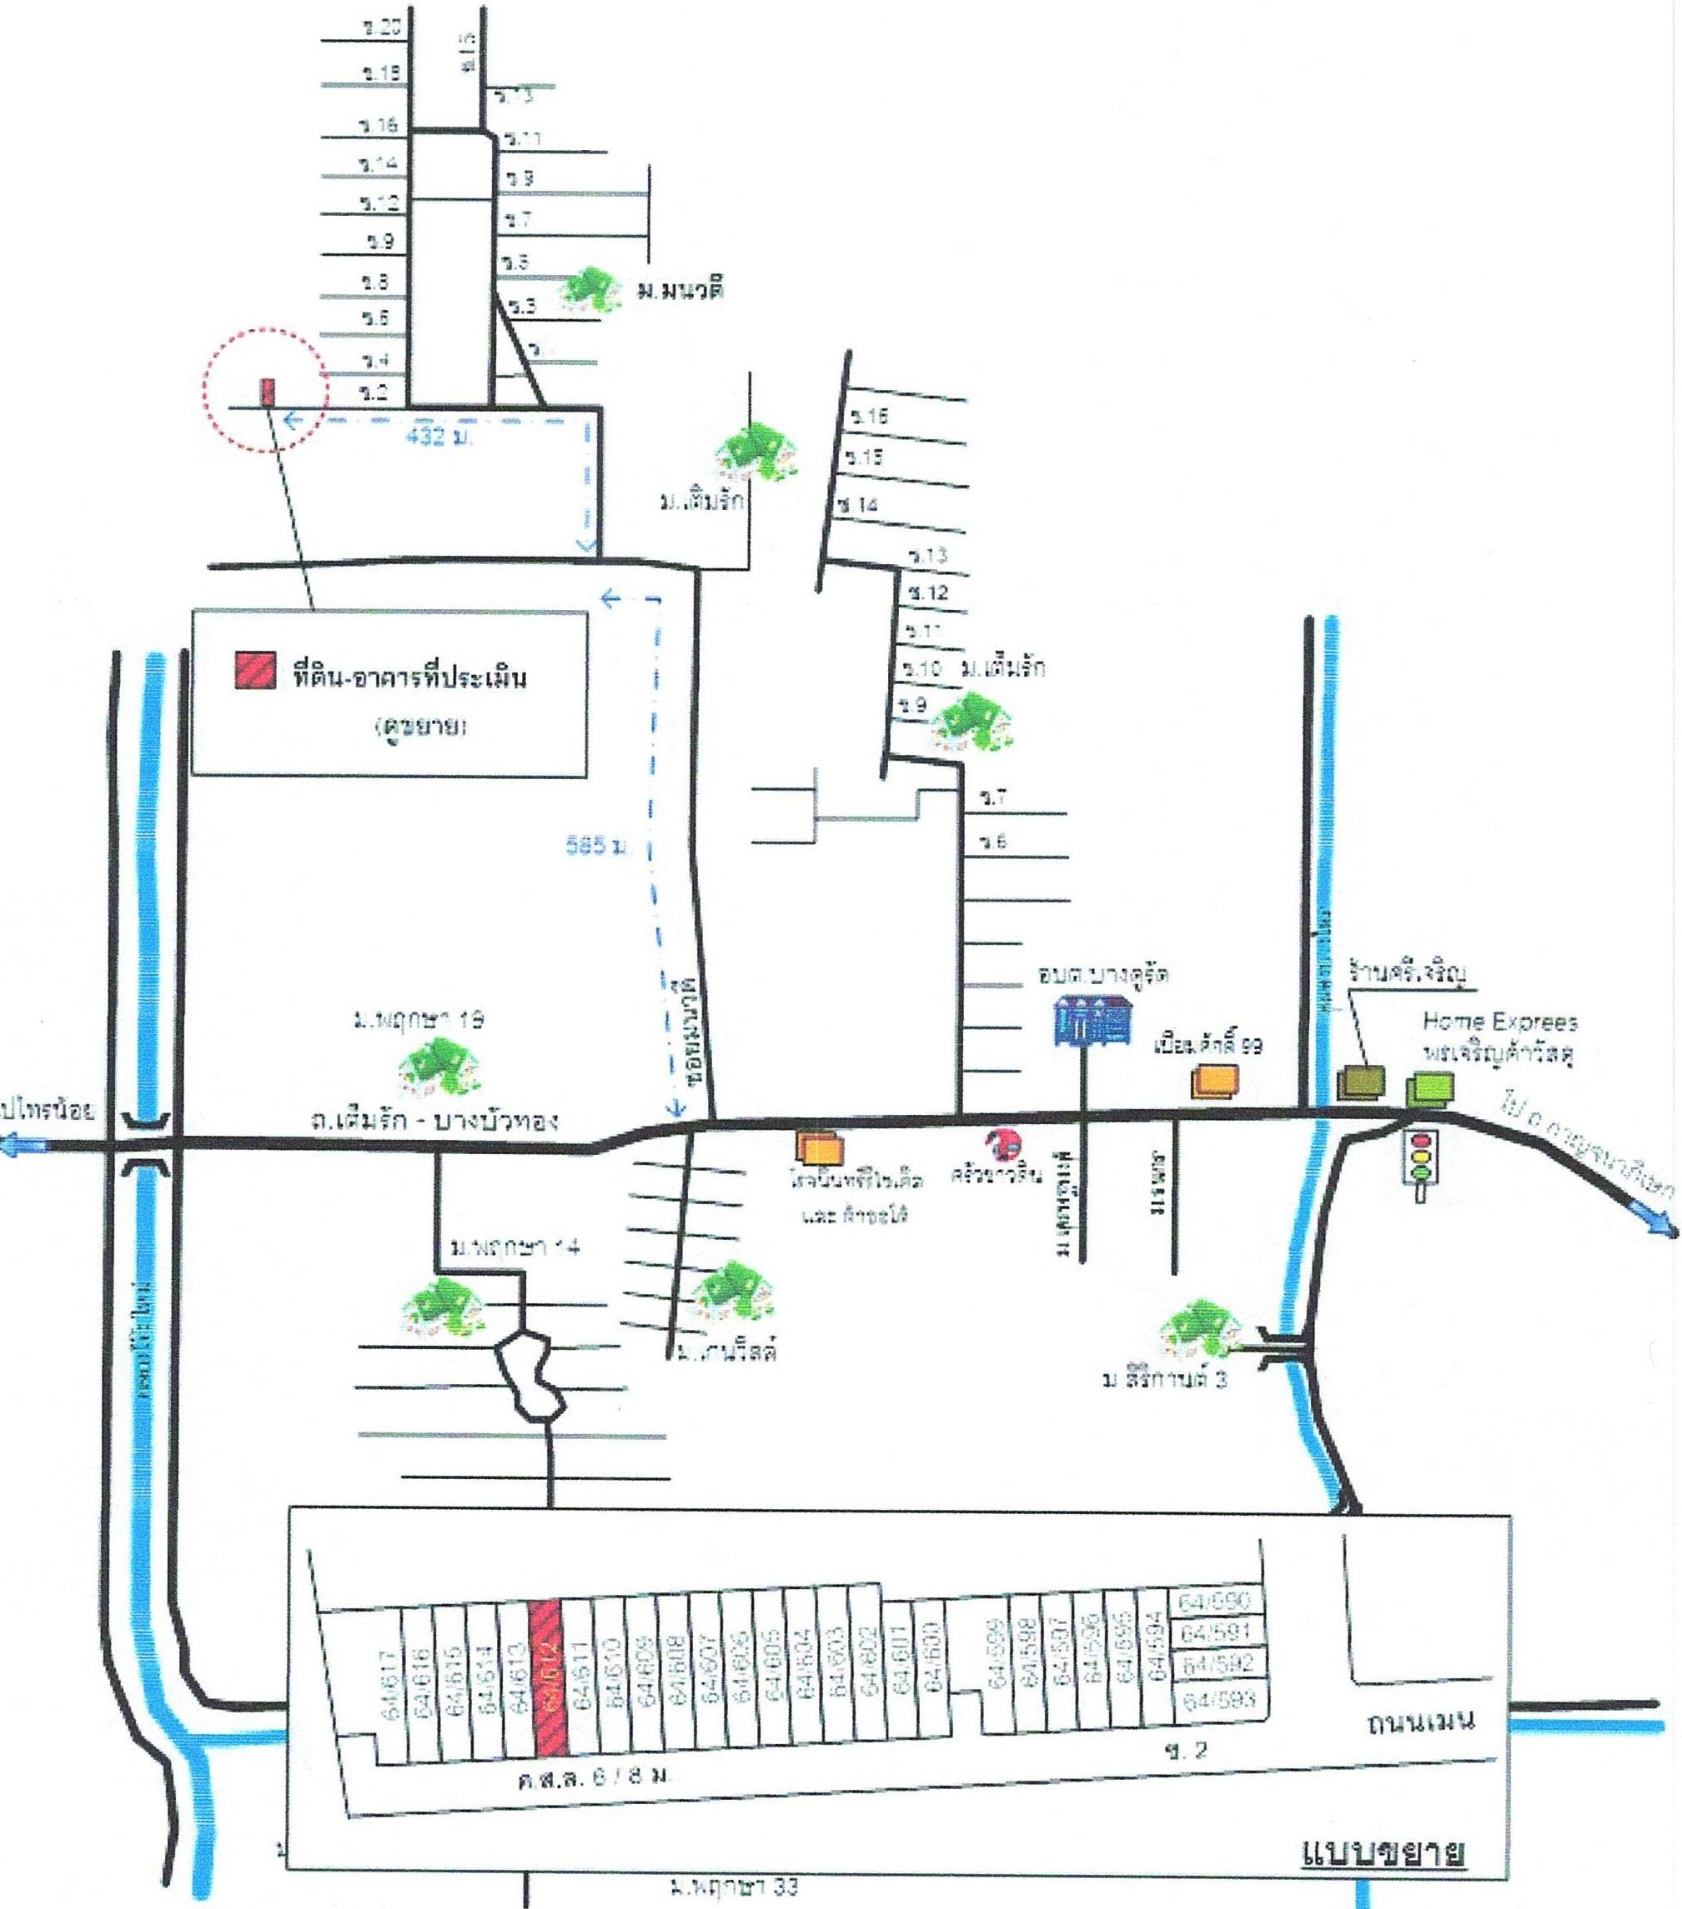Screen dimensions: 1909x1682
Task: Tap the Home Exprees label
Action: [1499, 1022]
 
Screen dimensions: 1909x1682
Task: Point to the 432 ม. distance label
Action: [439, 435]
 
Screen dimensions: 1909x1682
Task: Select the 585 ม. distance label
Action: [597, 846]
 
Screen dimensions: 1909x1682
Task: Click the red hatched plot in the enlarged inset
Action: [549, 1677]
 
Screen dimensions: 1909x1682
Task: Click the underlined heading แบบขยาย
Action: [1383, 1852]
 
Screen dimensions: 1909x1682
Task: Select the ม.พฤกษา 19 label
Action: [418, 1020]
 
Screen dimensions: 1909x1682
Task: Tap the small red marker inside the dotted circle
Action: [267, 392]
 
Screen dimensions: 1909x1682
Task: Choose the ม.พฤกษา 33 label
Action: [735, 1887]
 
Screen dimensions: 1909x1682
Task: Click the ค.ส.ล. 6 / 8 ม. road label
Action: [595, 1778]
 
